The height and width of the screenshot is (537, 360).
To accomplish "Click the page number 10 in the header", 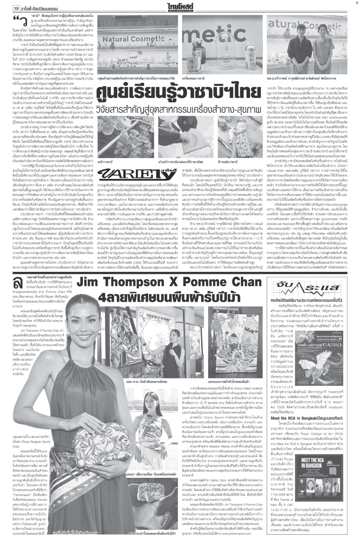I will coord(16,9).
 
